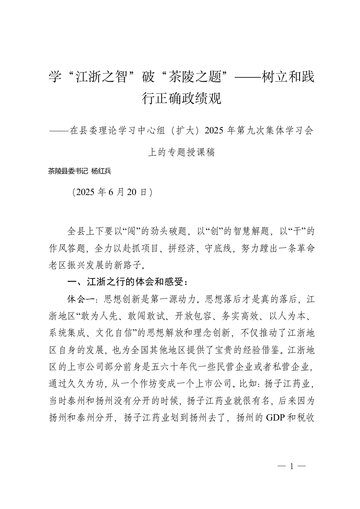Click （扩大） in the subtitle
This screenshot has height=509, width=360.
[182, 131]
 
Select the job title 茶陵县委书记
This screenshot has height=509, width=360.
[68, 171]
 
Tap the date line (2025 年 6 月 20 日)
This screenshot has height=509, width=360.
[112, 192]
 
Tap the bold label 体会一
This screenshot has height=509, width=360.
[80, 299]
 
